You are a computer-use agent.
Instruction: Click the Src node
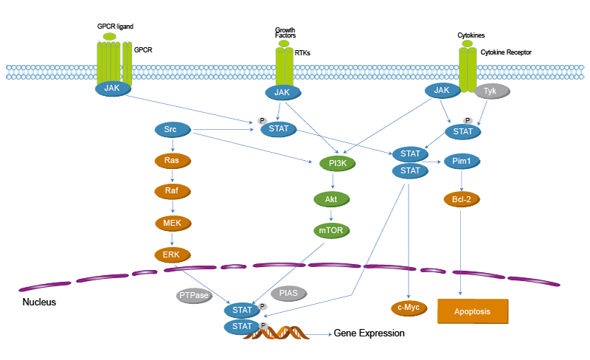point(170,129)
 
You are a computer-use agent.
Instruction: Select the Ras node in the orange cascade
point(172,159)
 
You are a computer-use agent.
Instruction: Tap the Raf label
point(172,190)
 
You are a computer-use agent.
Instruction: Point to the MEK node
point(172,222)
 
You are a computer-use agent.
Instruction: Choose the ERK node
point(171,254)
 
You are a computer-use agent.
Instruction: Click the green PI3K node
point(337,162)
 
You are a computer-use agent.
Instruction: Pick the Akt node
point(331,199)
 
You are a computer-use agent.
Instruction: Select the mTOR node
point(331,230)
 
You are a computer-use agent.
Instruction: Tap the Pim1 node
point(461,160)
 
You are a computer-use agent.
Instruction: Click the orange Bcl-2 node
point(462,199)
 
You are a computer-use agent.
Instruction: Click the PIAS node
point(288,293)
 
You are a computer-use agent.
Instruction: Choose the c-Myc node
point(408,307)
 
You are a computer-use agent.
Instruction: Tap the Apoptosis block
point(472,311)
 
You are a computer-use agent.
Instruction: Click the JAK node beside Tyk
point(442,90)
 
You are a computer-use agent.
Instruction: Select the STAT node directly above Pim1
point(462,131)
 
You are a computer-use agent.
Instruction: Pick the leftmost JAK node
point(112,88)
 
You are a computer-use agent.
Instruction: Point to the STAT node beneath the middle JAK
point(279,128)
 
